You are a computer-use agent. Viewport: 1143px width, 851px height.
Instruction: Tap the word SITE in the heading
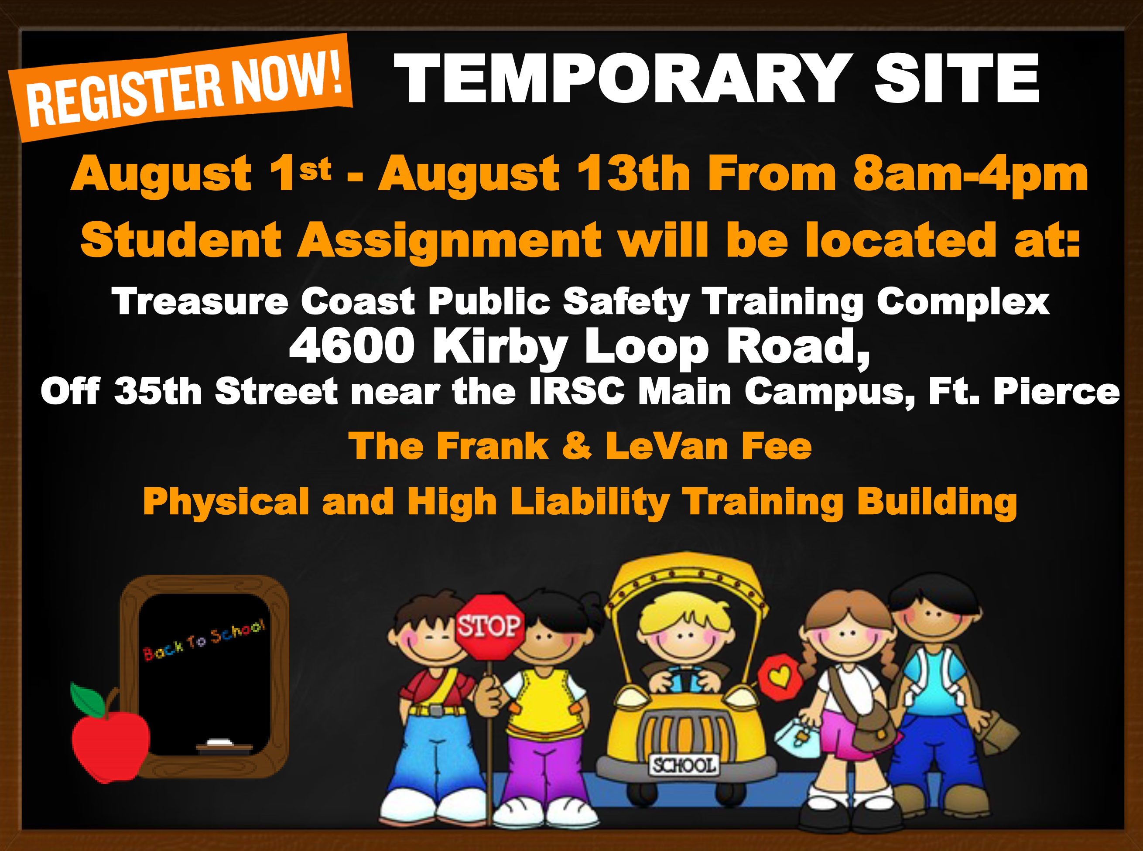[x=957, y=79]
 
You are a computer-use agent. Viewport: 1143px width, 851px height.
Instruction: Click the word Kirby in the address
[x=500, y=348]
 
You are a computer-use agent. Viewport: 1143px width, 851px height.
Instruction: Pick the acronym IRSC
[x=577, y=392]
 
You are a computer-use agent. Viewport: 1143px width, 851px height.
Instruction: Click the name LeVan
[x=667, y=446]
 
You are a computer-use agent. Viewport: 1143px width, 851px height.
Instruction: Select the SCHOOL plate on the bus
[x=683, y=765]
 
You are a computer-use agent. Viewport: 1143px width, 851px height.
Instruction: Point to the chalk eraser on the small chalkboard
[x=220, y=743]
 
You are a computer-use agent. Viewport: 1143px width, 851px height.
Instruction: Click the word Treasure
[x=200, y=301]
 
